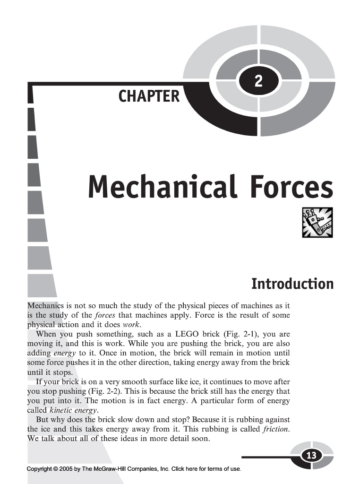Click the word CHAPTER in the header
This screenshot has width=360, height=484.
point(149,96)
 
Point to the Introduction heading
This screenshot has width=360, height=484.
point(292,284)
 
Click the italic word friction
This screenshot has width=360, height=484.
point(276,429)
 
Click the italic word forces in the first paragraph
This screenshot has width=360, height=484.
point(105,315)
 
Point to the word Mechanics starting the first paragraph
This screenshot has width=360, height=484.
point(45,306)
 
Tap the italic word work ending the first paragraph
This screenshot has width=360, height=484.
point(131,325)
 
